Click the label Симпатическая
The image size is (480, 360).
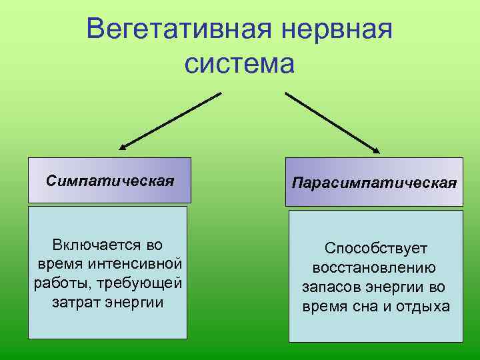point(110,181)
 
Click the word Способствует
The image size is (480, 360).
point(376,249)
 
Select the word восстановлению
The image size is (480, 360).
point(374,268)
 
